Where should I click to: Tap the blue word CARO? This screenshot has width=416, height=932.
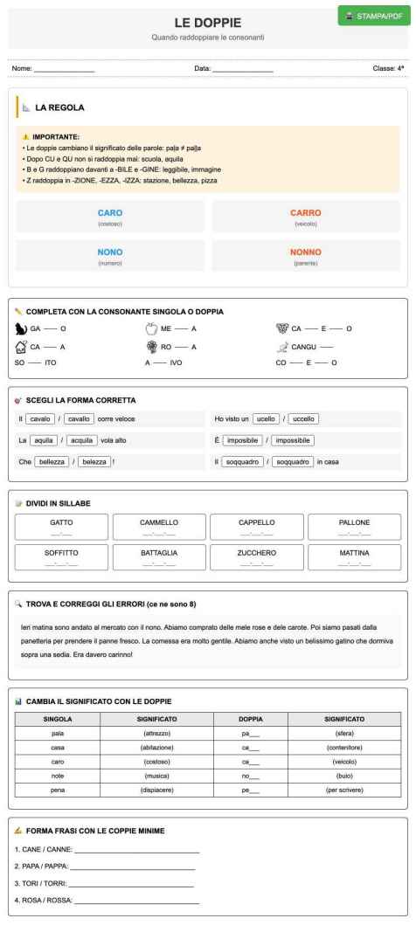[x=110, y=212]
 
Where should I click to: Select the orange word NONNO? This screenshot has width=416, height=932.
[x=306, y=251]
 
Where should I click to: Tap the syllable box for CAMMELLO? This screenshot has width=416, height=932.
[x=158, y=527]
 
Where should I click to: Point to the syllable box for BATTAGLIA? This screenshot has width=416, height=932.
[x=158, y=557]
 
